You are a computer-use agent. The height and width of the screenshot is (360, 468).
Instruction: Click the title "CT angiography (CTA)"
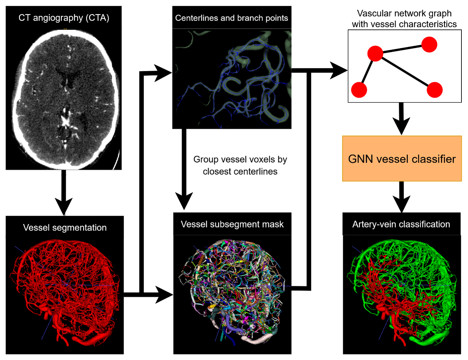coord(64,18)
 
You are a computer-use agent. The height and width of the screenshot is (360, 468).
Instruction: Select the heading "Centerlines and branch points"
coord(231,18)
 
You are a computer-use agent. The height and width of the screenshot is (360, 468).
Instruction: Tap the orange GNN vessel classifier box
coord(402,159)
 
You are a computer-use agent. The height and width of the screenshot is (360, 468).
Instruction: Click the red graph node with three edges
coord(375,53)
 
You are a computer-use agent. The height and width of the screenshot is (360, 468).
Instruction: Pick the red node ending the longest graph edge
coord(435,90)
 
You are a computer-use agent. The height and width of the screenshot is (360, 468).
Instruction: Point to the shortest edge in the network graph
coord(367,71)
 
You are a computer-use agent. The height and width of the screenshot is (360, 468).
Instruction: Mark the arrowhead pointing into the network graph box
coord(339,70)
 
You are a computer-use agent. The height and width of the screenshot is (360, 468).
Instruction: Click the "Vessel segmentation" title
coord(65,227)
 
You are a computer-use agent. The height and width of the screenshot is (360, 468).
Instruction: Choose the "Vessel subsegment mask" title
coord(232,224)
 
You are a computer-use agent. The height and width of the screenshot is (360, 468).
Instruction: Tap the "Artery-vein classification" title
coord(401,224)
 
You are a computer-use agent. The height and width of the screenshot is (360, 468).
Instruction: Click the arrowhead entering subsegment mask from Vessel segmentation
coord(164,295)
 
